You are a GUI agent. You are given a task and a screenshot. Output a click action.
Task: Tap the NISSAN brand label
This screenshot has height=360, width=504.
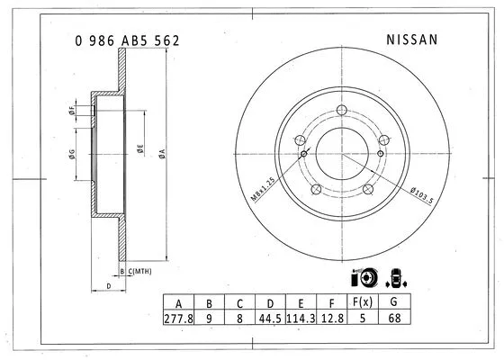pyautogui.click(x=411, y=40)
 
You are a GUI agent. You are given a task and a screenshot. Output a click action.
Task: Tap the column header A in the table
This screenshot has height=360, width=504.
pyautogui.click(x=179, y=303)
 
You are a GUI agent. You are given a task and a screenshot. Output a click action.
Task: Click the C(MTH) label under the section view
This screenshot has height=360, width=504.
pyautogui.click(x=139, y=270)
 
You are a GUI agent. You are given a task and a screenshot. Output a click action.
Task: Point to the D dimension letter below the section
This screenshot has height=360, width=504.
pyautogui.click(x=108, y=286)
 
